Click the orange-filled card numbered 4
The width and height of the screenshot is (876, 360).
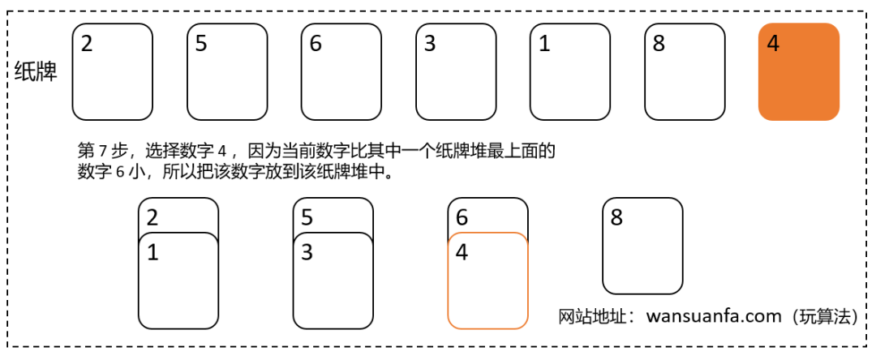pyautogui.click(x=799, y=71)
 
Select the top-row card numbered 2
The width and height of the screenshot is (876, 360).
pyautogui.click(x=112, y=71)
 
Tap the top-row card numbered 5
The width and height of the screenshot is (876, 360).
pyautogui.click(x=227, y=71)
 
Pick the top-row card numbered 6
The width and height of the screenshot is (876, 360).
pyautogui.click(x=341, y=71)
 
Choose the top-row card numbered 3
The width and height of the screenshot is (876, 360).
pyautogui.click(x=456, y=71)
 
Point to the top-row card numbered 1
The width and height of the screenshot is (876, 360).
pyautogui.click(x=570, y=71)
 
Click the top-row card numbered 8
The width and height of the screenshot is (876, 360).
pyautogui.click(x=685, y=71)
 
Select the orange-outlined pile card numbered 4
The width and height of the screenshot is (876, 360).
pyautogui.click(x=487, y=281)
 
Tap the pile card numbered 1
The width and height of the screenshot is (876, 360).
pyautogui.click(x=178, y=281)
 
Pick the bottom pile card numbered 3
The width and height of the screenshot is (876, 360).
pyautogui.click(x=333, y=281)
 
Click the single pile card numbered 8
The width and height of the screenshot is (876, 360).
pyautogui.click(x=642, y=246)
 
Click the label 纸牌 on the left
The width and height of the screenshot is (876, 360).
pyautogui.click(x=36, y=71)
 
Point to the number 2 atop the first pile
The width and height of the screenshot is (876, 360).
pyautogui.click(x=152, y=217)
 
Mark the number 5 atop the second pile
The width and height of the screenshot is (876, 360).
pyautogui.click(x=307, y=217)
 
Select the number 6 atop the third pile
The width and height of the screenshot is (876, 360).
pyautogui.click(x=462, y=217)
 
